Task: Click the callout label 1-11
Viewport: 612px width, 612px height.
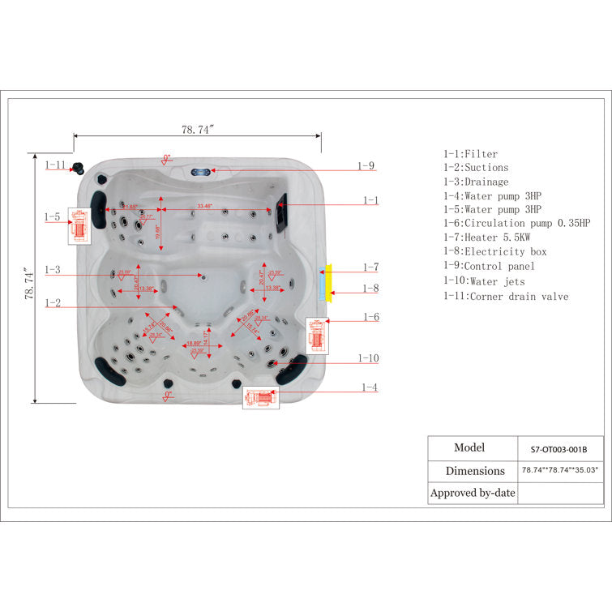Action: point(55,165)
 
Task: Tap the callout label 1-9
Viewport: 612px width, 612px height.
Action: point(366,166)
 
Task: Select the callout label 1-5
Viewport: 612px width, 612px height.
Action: point(53,216)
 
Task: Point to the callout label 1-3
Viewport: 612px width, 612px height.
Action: point(53,269)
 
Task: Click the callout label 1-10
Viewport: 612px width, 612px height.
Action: point(369,358)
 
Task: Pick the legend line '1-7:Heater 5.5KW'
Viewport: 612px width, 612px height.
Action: point(486,237)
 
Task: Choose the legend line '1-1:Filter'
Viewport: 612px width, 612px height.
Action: point(470,153)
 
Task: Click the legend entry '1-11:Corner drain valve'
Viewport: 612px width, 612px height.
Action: point(506,297)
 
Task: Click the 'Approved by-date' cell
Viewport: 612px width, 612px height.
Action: point(473,493)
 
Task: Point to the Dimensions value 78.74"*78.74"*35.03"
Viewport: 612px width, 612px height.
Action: point(559,470)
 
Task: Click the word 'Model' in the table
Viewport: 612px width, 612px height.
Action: point(469,447)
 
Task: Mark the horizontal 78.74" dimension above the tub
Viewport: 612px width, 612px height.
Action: point(198,129)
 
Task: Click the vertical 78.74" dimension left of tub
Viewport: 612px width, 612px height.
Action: point(29,285)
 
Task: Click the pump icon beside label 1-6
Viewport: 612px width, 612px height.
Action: point(318,336)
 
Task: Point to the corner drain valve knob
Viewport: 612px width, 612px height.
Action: point(79,167)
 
